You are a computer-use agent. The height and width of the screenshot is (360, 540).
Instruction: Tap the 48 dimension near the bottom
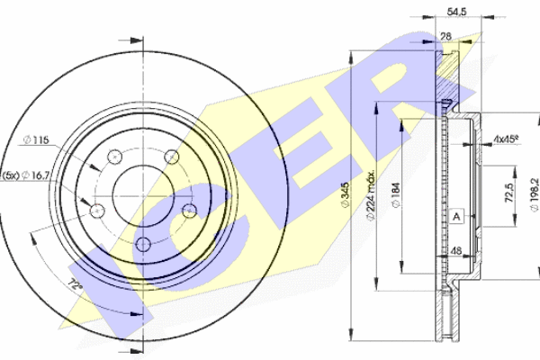click(x=456, y=250)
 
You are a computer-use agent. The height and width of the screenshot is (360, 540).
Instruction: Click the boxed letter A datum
click(x=456, y=218)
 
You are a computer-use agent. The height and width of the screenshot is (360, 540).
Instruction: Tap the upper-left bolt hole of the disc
click(x=114, y=157)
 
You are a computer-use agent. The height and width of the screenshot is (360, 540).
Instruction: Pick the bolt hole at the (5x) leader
click(x=97, y=211)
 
